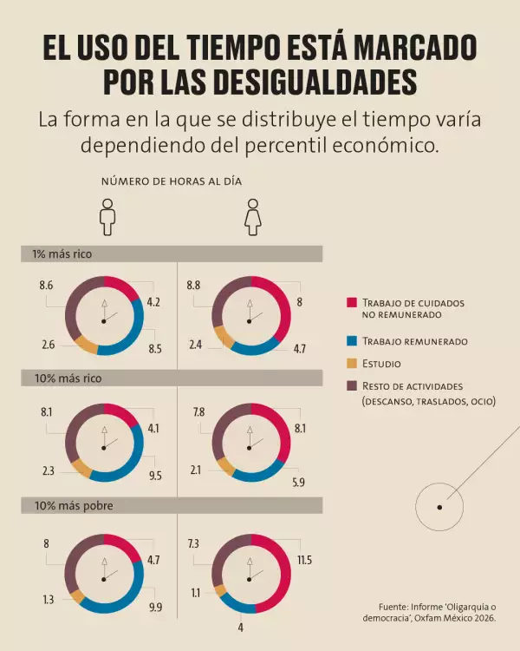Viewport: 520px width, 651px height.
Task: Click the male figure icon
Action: coord(107,216)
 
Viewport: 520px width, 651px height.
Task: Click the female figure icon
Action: coord(252,216)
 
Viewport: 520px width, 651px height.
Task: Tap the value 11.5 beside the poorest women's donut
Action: coord(304,561)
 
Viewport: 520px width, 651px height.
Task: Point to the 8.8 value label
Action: coord(194,285)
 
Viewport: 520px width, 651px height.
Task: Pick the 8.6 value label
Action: coord(47,285)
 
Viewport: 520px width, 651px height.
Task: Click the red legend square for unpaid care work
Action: coord(352,303)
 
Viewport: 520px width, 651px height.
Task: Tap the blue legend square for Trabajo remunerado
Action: coord(352,341)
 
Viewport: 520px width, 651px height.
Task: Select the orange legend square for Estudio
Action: coord(352,364)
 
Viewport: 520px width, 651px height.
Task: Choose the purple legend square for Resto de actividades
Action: coord(352,385)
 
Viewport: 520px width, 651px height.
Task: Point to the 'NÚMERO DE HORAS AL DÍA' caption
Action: coord(172,181)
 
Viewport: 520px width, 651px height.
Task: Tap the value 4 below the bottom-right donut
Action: coord(241,627)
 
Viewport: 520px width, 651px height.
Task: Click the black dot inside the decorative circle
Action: coord(439,507)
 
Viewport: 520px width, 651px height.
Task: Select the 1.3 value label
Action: coord(47,599)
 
